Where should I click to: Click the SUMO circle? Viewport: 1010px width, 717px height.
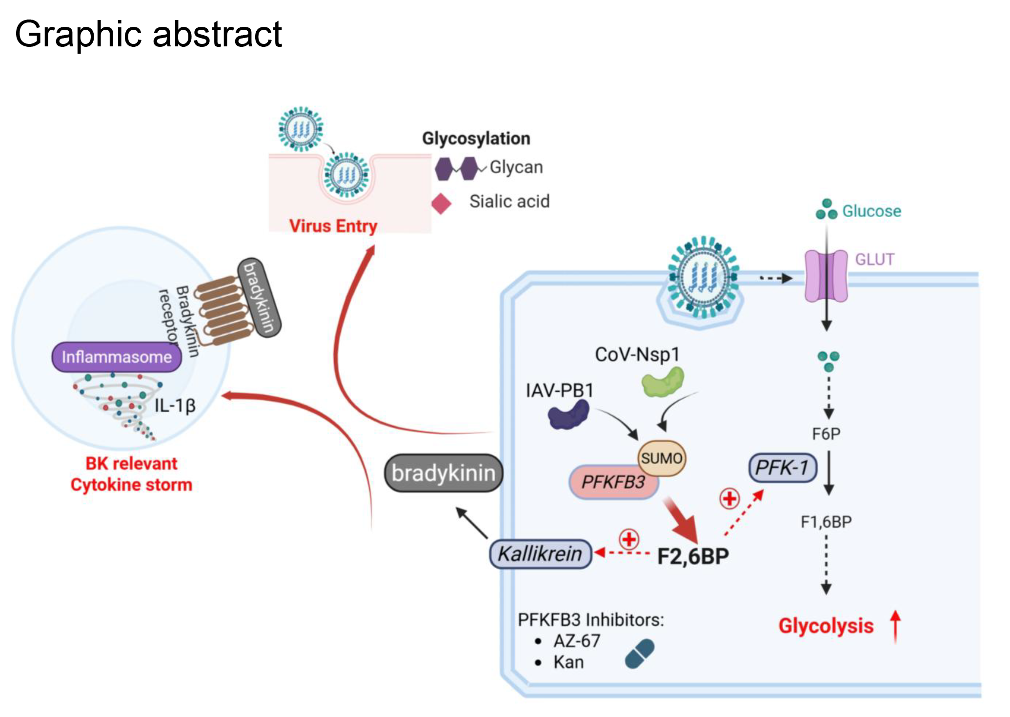(x=661, y=458)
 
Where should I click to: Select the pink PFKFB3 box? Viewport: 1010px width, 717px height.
(x=613, y=482)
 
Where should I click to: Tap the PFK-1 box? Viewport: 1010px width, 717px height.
(x=782, y=468)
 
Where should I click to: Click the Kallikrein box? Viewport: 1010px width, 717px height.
(x=540, y=554)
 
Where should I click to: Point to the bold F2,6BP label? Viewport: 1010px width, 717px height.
(x=693, y=556)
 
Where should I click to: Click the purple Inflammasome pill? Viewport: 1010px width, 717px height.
(x=117, y=357)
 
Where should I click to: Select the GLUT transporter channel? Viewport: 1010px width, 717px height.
(x=826, y=276)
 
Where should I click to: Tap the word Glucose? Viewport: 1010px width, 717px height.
(x=871, y=211)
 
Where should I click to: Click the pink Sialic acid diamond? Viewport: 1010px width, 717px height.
(x=442, y=204)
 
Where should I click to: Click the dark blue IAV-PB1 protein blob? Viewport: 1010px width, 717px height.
(x=568, y=415)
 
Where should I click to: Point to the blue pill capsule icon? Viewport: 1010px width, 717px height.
(x=639, y=654)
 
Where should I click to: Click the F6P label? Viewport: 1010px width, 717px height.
(x=826, y=433)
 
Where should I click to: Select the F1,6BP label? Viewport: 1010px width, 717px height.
(x=826, y=522)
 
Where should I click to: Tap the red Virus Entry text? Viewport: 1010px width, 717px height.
(x=333, y=226)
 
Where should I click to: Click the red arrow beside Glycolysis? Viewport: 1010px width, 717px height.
(x=895, y=627)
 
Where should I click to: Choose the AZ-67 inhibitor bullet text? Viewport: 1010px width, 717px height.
(x=577, y=641)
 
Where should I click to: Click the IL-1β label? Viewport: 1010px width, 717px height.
(x=175, y=405)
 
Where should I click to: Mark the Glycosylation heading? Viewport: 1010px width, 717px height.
(x=476, y=139)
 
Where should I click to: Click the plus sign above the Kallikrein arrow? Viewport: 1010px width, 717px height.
(x=629, y=539)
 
